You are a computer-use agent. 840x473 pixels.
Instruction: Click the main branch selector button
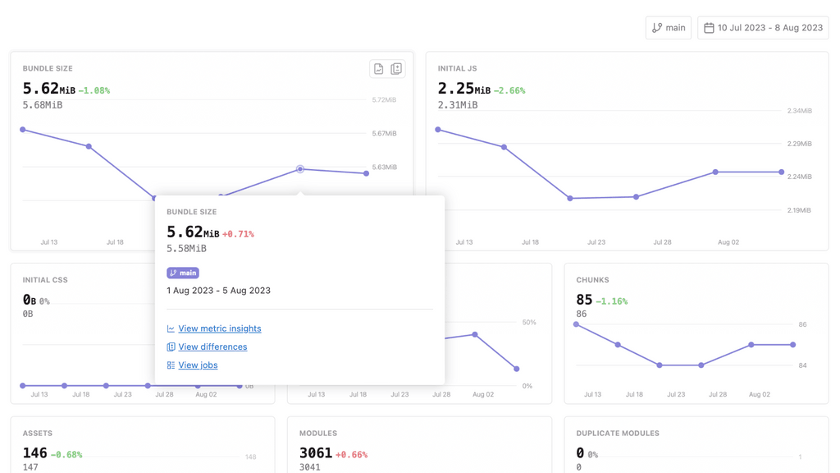pos(668,28)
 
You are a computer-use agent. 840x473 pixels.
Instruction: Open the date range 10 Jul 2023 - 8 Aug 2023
pos(763,28)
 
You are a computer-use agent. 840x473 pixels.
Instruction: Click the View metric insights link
pos(219,328)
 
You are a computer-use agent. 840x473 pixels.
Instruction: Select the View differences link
pos(212,347)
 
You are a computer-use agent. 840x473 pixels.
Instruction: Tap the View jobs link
pos(198,365)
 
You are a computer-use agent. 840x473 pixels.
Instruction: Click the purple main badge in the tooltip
pos(183,273)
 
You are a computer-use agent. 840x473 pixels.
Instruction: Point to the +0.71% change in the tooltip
pos(238,234)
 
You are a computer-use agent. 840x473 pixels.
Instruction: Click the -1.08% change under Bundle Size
pos(94,90)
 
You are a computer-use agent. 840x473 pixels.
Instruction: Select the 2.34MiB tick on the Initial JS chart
pos(799,111)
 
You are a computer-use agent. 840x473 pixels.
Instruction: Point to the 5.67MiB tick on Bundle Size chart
pos(384,134)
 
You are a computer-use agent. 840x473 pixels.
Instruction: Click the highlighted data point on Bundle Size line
pos(300,169)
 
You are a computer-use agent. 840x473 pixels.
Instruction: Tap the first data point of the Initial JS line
pos(438,130)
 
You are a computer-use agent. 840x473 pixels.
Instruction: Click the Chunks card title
pos(592,280)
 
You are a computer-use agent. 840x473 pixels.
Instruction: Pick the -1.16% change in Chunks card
pos(611,301)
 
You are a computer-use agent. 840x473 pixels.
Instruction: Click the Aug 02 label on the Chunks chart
pos(759,394)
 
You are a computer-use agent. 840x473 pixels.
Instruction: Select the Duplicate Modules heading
pos(617,433)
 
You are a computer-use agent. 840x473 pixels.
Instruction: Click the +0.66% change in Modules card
pos(351,454)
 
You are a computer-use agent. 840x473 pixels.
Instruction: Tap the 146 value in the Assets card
pos(34,452)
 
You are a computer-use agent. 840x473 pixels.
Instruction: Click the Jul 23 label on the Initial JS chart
pos(596,242)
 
